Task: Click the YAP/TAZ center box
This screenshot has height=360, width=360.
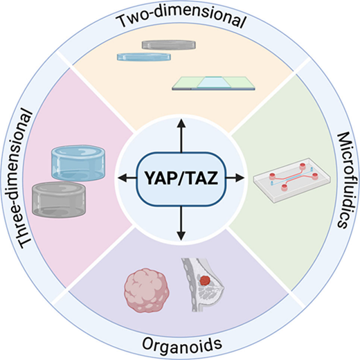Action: (x=181, y=179)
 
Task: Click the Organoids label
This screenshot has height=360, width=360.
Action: (x=182, y=345)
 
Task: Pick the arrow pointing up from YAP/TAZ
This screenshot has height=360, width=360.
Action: (x=181, y=136)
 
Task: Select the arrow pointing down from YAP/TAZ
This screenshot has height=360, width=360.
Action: (x=181, y=223)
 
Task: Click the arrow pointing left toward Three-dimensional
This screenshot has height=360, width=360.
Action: (x=127, y=178)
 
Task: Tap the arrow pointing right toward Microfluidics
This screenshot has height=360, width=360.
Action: (x=235, y=178)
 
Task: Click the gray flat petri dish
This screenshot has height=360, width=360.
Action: (x=169, y=44)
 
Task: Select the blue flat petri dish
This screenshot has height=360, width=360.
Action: (x=144, y=57)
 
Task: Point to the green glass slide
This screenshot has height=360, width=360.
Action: (x=214, y=83)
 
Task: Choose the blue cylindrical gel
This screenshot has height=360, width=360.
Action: (x=78, y=163)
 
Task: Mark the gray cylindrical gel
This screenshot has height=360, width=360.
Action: (x=59, y=199)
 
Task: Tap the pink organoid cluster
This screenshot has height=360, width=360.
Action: (x=147, y=290)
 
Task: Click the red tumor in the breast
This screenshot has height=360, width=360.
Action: (x=205, y=280)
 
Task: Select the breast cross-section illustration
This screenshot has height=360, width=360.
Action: (x=203, y=285)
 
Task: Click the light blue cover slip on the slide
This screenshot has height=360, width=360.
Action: (x=214, y=82)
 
